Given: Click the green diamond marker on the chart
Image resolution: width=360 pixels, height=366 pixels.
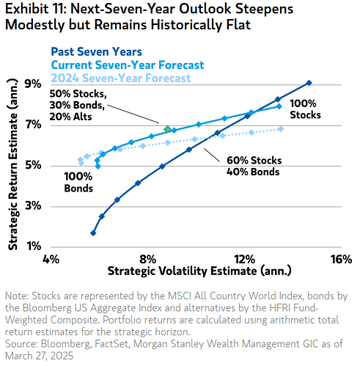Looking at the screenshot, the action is pos(167,129).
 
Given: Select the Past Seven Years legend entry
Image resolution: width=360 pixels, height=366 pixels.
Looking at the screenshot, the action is pos(96,52).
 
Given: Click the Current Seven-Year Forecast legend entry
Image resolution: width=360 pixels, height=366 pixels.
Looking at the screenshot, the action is pos(128,65).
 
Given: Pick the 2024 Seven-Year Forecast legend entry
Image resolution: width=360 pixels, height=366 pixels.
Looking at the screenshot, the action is pos(121,78).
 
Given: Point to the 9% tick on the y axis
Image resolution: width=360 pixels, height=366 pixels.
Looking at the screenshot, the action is pos(33,84).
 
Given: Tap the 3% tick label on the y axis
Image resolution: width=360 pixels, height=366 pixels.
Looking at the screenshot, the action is pos(33,206).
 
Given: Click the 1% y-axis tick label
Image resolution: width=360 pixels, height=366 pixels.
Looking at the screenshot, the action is pos(34,246).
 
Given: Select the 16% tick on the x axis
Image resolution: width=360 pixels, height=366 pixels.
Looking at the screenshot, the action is pos(342,259).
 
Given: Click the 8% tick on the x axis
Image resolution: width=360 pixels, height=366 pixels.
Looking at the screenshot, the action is pos(148,259).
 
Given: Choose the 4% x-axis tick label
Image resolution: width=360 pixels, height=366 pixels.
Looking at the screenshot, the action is pos(51,259).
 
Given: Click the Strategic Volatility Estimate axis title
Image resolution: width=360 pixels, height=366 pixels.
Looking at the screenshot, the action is pos(199,271).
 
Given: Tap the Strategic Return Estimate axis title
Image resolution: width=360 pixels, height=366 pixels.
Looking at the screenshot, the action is pos(13,164).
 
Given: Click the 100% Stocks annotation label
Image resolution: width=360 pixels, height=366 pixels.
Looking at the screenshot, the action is pos(305,109).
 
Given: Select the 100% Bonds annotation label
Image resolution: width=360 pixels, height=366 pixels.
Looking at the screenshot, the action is pos(78,183).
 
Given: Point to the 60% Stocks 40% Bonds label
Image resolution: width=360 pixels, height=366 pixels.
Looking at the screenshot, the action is pos(254,166).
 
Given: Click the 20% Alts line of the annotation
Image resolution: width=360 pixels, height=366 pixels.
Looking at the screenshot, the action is pos(70,117).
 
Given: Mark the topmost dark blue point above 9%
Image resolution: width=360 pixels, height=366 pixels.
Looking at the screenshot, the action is pos(309,83).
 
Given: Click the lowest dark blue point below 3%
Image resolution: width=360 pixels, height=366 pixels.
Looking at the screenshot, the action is pos(93,233).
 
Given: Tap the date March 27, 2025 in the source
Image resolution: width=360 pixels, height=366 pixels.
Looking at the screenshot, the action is pos(39,356).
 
